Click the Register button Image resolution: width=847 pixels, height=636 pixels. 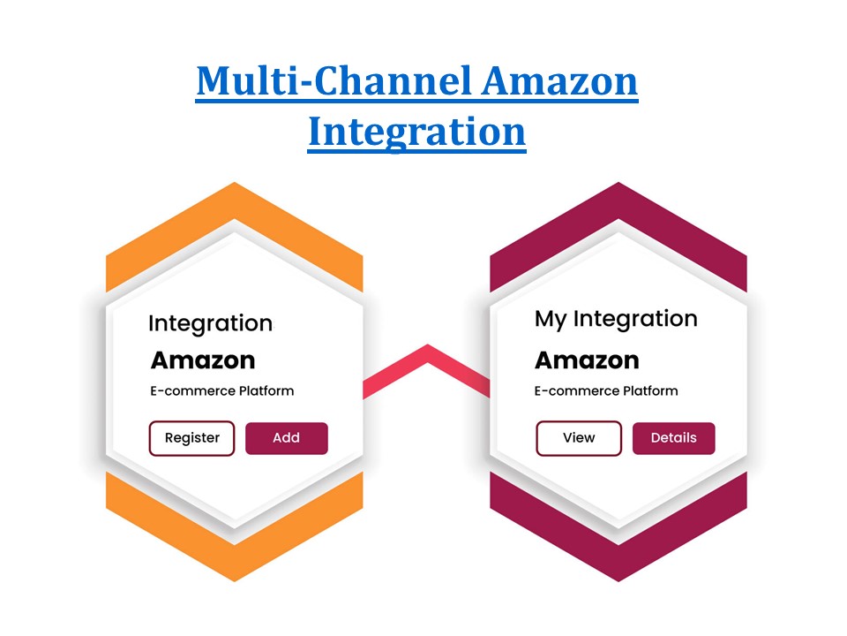pyautogui.click(x=192, y=438)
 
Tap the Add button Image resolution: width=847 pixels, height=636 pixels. pyautogui.click(x=286, y=438)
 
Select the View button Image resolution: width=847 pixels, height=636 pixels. pyautogui.click(x=579, y=438)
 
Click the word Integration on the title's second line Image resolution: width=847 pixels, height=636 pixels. pyautogui.click(x=416, y=132)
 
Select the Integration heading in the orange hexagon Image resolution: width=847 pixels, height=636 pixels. pyautogui.click(x=210, y=323)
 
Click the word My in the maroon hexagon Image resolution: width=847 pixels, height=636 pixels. pyautogui.click(x=551, y=319)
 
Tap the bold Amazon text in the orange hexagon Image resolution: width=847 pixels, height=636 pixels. pyautogui.click(x=203, y=360)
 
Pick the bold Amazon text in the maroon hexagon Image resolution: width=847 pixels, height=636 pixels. pyautogui.click(x=587, y=360)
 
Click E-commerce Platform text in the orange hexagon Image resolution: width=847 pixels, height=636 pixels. pyautogui.click(x=222, y=390)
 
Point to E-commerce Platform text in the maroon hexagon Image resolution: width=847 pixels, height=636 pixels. pyautogui.click(x=606, y=390)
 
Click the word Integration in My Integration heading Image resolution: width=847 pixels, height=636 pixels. pyautogui.click(x=635, y=319)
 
